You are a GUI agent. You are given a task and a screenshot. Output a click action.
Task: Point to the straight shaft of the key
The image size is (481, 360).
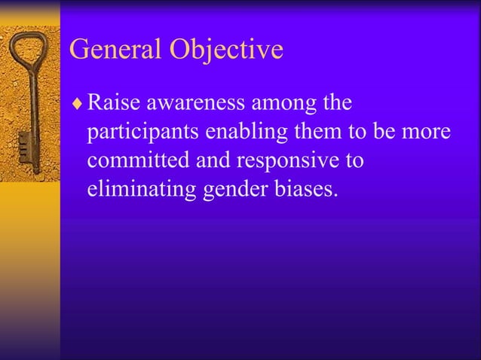point(31,105)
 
